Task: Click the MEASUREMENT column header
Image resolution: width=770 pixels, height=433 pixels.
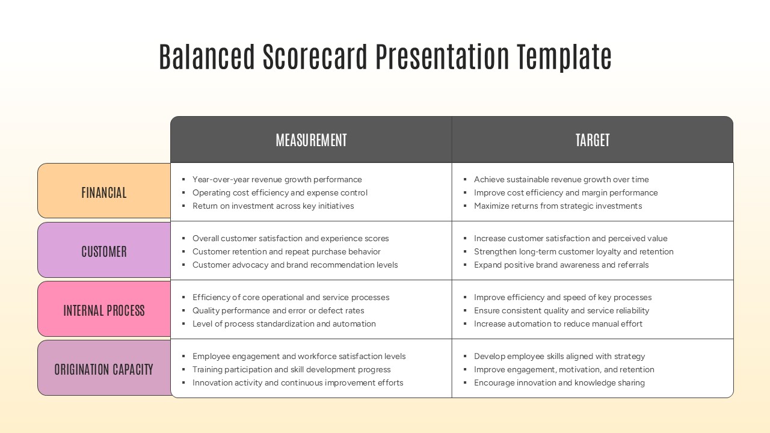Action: [x=311, y=140]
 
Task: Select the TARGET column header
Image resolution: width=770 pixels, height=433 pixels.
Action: [x=593, y=140]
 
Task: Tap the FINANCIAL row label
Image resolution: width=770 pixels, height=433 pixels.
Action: [x=104, y=192]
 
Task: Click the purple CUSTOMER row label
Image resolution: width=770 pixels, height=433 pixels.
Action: [x=104, y=251]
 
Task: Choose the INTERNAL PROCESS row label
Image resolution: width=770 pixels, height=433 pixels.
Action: [x=104, y=310]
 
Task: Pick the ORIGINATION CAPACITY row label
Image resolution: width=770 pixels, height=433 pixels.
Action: [x=104, y=369]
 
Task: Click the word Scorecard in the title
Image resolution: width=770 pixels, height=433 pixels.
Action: [x=315, y=57]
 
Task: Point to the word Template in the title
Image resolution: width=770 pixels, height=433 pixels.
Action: [x=564, y=57]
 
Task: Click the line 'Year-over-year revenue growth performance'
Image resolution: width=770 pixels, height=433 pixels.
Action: [x=277, y=179]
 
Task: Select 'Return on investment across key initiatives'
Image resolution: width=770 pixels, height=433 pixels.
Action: [x=273, y=206]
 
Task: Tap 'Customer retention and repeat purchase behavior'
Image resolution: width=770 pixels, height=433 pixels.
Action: [x=286, y=251]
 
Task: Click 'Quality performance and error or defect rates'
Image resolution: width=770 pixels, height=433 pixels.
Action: [x=278, y=310]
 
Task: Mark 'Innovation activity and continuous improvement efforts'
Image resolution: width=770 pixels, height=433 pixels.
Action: [x=298, y=382]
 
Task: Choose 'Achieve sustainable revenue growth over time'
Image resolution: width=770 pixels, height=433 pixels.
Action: [x=561, y=179]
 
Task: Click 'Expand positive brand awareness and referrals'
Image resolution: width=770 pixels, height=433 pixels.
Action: [x=561, y=265]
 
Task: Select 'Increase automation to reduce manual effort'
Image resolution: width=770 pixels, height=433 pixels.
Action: [x=558, y=324]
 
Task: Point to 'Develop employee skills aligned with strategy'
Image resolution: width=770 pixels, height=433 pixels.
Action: [x=559, y=356]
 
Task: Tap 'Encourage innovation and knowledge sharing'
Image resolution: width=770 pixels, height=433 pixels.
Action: [x=559, y=382]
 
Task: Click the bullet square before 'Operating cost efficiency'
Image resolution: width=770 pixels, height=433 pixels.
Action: [x=183, y=193]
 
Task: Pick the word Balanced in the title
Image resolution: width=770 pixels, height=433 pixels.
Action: [x=207, y=57]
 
